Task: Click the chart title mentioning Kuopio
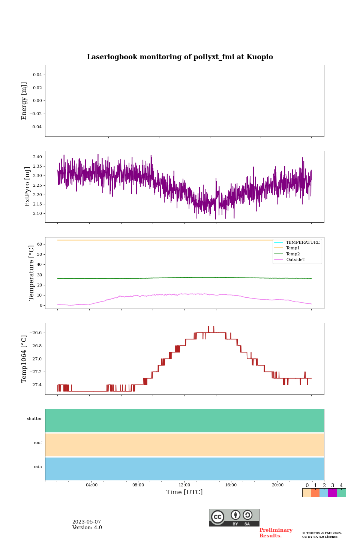pyautogui.click(x=180, y=57)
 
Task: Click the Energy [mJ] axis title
pyautogui.click(x=24, y=101)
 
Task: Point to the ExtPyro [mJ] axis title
pyautogui.click(x=27, y=187)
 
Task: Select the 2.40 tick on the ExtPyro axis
pyautogui.click(x=37, y=157)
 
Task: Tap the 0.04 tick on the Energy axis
pyautogui.click(x=37, y=75)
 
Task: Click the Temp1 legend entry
pyautogui.click(x=293, y=248)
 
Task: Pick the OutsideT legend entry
pyautogui.click(x=295, y=260)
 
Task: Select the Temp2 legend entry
pyautogui.click(x=293, y=254)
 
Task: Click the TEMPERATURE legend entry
pyautogui.click(x=303, y=243)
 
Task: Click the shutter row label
pyautogui.click(x=34, y=419)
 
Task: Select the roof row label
pyautogui.click(x=38, y=443)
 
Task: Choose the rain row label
pyautogui.click(x=38, y=467)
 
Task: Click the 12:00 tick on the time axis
pyautogui.click(x=184, y=485)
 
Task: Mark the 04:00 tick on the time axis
pyautogui.click(x=91, y=485)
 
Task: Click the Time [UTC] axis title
pyautogui.click(x=184, y=492)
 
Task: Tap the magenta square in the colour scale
pyautogui.click(x=332, y=493)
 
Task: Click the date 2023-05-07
pyautogui.click(x=87, y=522)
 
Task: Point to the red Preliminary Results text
pyautogui.click(x=276, y=533)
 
